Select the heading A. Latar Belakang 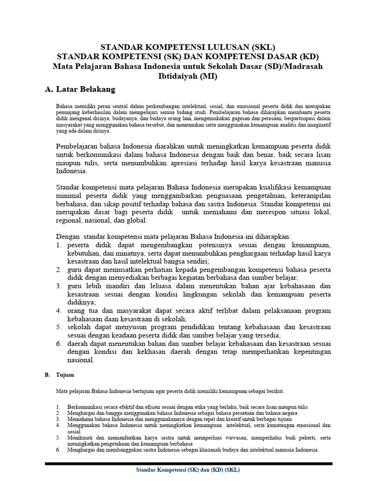pyautogui.click(x=80, y=89)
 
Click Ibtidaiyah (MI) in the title pyautogui.click(x=188, y=76)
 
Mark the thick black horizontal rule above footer pyautogui.click(x=188, y=463)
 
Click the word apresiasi pyautogui.click(x=190, y=163)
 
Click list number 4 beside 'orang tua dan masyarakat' pyautogui.click(x=58, y=311)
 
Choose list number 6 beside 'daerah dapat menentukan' pyautogui.click(x=58, y=343)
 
